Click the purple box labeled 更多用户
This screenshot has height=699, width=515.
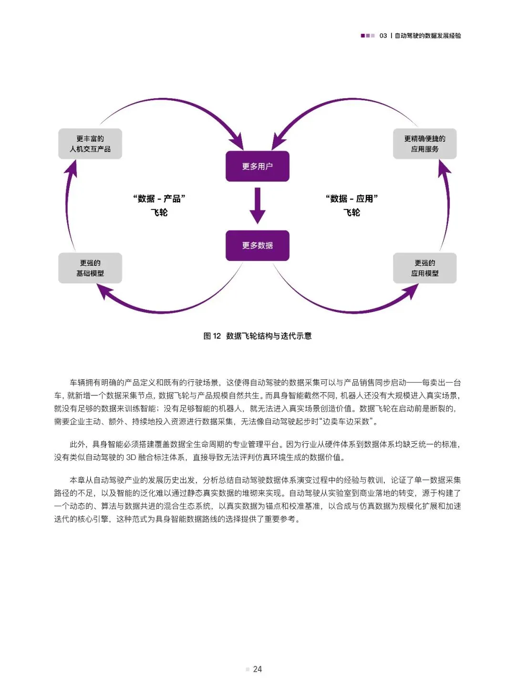click(x=257, y=166)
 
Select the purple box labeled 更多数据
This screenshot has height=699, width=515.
click(x=257, y=245)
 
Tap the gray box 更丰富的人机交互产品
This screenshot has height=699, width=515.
click(x=90, y=144)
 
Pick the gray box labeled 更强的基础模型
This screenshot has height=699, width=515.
click(x=90, y=268)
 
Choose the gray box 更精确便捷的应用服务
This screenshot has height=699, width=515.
click(x=424, y=144)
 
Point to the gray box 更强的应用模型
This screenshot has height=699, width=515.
click(x=424, y=268)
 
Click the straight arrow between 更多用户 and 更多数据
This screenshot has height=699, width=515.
click(x=257, y=206)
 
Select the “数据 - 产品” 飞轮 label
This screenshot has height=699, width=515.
click(x=159, y=205)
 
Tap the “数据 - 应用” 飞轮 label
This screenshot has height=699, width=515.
click(x=352, y=205)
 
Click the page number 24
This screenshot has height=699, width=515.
click(x=257, y=669)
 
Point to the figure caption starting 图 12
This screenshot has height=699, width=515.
click(x=257, y=336)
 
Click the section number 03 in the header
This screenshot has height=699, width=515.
click(x=383, y=36)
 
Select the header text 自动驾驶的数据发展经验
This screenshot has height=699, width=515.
click(x=428, y=36)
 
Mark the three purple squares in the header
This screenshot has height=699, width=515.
click(x=368, y=36)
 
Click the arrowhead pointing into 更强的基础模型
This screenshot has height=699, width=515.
click(x=104, y=291)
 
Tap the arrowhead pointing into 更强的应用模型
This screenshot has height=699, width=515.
click(x=411, y=291)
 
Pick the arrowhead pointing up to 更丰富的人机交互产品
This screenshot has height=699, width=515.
click(x=72, y=168)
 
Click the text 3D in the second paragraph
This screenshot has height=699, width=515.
click(x=131, y=457)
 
